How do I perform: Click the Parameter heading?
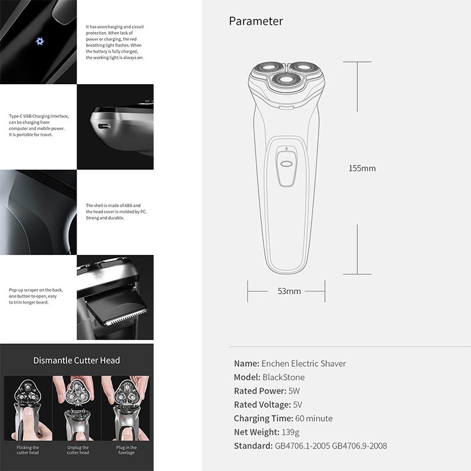click(x=256, y=21)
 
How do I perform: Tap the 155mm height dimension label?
click(x=361, y=168)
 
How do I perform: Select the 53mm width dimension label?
click(x=289, y=291)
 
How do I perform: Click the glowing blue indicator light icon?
click(x=41, y=41)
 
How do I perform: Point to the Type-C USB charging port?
click(x=104, y=126)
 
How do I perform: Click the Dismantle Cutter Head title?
click(x=77, y=360)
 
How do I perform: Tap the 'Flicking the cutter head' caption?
click(x=28, y=450)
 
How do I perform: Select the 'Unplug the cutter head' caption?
click(x=77, y=450)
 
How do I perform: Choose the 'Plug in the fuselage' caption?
click(x=127, y=450)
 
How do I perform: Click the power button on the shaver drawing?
click(x=287, y=165)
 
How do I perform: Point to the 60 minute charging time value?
click(x=314, y=419)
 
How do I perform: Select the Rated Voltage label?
click(x=262, y=404)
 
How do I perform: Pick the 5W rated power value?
click(x=294, y=391)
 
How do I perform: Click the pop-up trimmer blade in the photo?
click(x=115, y=309)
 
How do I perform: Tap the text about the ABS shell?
click(x=116, y=212)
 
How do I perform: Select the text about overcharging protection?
click(x=115, y=42)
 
